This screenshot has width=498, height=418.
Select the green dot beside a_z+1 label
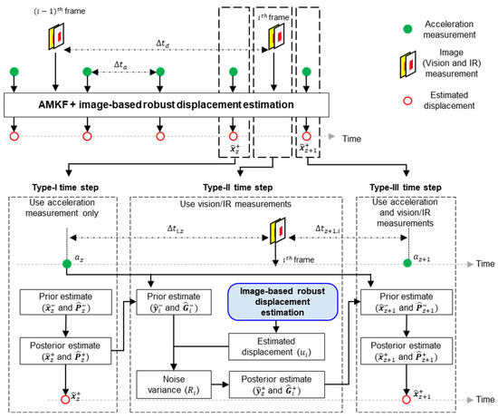tap(407, 264)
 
